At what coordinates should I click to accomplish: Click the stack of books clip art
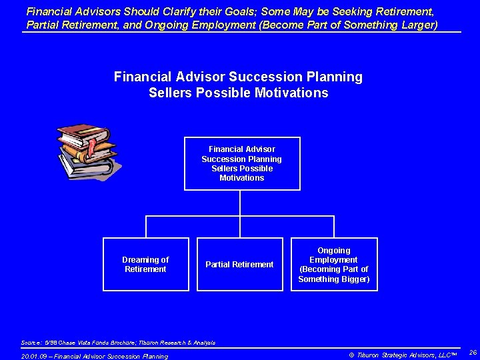tap(87, 151)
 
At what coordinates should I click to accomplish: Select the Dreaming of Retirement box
tap(145, 264)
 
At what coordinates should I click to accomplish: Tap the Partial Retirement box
tap(239, 264)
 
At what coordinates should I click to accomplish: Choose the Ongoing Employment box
tap(333, 264)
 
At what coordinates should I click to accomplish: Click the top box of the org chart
tap(242, 163)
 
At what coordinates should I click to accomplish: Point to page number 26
tap(473, 352)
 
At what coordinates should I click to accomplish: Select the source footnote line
tap(118, 343)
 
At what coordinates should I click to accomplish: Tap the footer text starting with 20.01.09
tap(95, 356)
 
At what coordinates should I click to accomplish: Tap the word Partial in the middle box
tap(217, 265)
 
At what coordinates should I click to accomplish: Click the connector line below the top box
tap(241, 203)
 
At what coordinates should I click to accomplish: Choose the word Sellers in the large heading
tap(170, 93)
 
